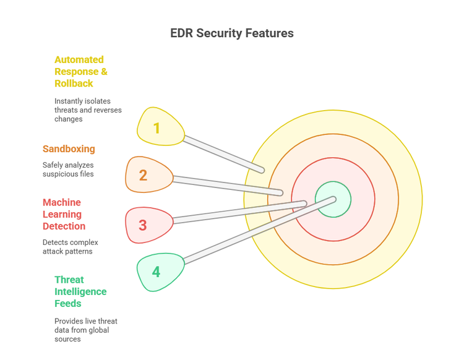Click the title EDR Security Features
pyautogui.click(x=232, y=33)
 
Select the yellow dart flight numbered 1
pyautogui.click(x=158, y=127)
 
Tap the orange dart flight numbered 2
pyautogui.click(x=146, y=175)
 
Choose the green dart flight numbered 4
pyautogui.click(x=158, y=272)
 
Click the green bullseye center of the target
pyautogui.click(x=333, y=199)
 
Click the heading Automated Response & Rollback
pyautogui.click(x=80, y=71)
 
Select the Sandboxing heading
pyautogui.click(x=69, y=148)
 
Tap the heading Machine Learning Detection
pyautogui.click(x=64, y=214)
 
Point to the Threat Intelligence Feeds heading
pyautogui.click(x=80, y=291)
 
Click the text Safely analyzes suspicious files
pyautogui.click(x=68, y=169)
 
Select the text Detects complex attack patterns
pyautogui.click(x=70, y=247)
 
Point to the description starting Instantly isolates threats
pyautogui.click(x=88, y=109)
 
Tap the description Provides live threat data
pyautogui.click(x=85, y=330)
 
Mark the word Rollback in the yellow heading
pyautogui.click(x=74, y=84)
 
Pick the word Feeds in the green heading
pyautogui.click(x=68, y=303)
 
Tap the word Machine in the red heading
pyautogui.click(x=62, y=202)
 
